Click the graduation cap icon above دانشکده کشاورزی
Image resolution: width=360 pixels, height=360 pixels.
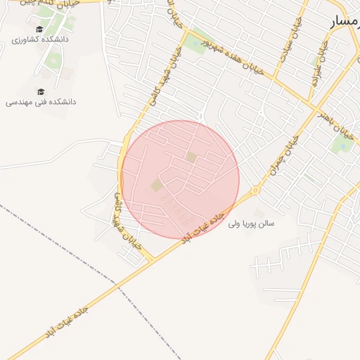pos(40,30)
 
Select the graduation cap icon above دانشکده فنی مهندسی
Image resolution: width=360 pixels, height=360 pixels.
pos(40,91)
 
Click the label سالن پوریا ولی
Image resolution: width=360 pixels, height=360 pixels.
pos(251,224)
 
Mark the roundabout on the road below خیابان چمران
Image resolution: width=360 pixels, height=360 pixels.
pos(256,190)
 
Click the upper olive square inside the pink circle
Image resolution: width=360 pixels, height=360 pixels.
pos(191,157)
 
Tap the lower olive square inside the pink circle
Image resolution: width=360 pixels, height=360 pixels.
pos(156,186)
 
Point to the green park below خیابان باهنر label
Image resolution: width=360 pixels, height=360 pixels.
pos(342,144)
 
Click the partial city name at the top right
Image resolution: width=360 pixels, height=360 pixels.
pos(345,23)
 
